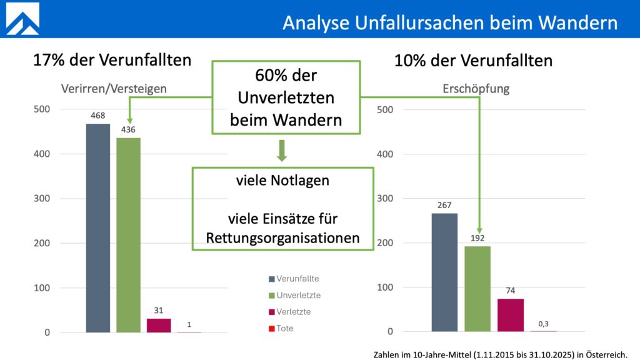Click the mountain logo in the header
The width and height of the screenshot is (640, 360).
(x=22, y=19)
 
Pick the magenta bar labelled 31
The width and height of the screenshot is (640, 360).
(x=159, y=325)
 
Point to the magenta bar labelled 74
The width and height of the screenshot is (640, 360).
(x=511, y=315)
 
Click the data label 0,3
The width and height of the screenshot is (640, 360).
(x=544, y=323)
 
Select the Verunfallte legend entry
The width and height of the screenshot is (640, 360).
(x=293, y=279)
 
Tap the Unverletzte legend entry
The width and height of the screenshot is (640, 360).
(x=294, y=295)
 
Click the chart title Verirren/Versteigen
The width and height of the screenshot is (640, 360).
(x=113, y=89)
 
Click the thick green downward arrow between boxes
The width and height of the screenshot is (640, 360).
(x=282, y=151)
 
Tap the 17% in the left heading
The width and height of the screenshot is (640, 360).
(x=48, y=61)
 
